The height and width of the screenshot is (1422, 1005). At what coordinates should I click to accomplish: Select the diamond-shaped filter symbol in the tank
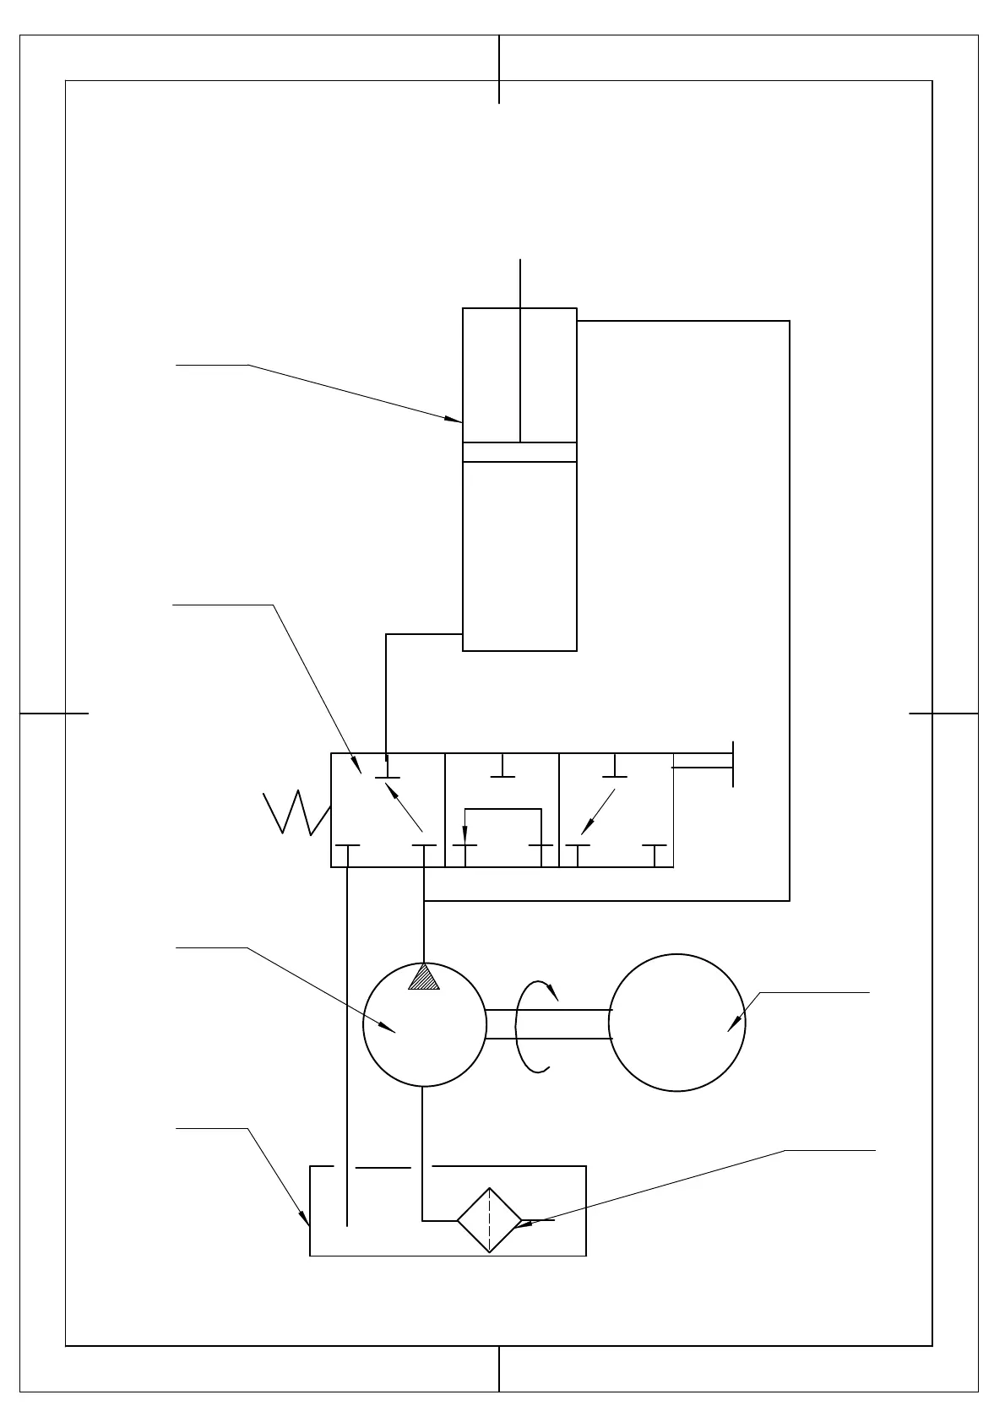[489, 1220]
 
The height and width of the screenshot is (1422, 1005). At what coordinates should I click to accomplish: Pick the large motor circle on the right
[676, 1023]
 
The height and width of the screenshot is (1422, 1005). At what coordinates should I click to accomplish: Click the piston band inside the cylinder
[519, 452]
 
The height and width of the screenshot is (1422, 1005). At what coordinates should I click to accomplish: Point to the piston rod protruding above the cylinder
[520, 283]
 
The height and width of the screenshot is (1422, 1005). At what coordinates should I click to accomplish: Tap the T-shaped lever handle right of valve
[731, 765]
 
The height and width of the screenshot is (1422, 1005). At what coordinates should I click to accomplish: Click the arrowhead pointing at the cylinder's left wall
[455, 418]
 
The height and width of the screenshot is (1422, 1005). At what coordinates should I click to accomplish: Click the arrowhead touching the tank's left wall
[305, 1218]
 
